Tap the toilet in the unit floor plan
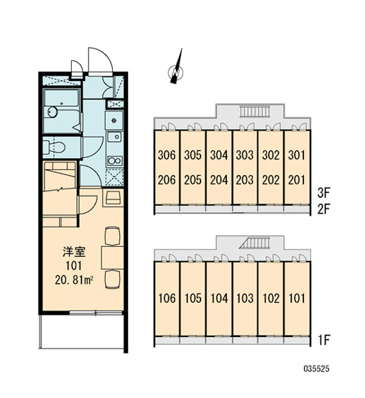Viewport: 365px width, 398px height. pos(54,147)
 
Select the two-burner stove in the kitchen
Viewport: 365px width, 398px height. pos(115,161)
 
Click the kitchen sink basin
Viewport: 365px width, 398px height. pos(115,137)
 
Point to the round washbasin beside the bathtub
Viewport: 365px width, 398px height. pos(52,112)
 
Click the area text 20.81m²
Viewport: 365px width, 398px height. pos(74,280)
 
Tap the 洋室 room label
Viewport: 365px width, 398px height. pos(74,252)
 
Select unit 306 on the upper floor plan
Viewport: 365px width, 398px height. pos(167,155)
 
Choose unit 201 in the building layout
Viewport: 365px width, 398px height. pos(297,180)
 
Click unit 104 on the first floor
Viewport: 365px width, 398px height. pos(219,298)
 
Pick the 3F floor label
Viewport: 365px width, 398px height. pos(323,193)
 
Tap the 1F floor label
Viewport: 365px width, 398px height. pos(324,340)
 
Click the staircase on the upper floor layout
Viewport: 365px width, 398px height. pos(254,111)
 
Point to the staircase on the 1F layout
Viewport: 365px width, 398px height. pos(254,243)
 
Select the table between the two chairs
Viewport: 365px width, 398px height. pos(112,257)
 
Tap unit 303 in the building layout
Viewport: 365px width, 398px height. pos(245,155)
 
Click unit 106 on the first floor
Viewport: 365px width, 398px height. pos(167,298)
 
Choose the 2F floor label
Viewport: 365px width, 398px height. pos(323,209)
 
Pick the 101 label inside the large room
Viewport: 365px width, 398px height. pos(74,266)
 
